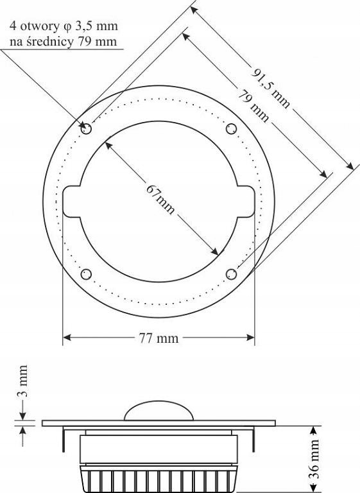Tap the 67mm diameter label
point(160,200)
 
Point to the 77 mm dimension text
point(158,338)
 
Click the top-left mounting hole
point(86,129)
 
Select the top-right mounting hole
point(232,128)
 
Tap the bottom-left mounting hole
point(86,275)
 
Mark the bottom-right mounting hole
point(232,275)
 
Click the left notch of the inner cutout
point(71,202)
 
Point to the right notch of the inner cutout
point(247,202)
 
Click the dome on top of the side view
point(159,411)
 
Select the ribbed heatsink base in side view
point(159,479)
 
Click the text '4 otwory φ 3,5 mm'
point(63,27)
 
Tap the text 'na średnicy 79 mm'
point(63,42)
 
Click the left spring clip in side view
point(64,440)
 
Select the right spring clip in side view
point(253,440)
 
